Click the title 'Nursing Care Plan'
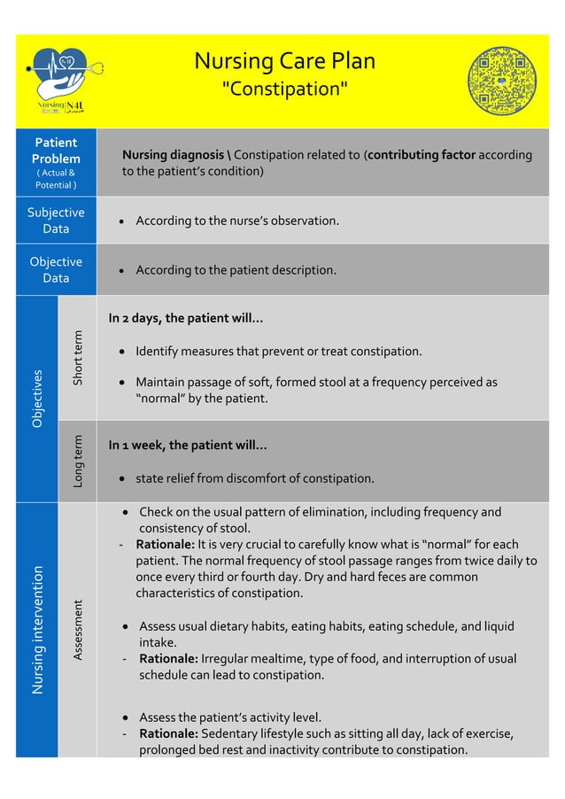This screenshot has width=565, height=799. (284, 61)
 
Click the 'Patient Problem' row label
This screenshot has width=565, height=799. (56, 150)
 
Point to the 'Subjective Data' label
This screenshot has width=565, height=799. (56, 220)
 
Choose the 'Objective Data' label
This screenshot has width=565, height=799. (56, 269)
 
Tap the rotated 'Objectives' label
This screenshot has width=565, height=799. (37, 399)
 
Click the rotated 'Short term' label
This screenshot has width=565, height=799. (78, 358)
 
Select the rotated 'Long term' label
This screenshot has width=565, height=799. (78, 461)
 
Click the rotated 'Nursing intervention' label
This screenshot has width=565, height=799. (37, 629)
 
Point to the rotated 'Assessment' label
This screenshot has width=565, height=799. (78, 630)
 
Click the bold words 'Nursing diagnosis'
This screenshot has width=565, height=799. (173, 155)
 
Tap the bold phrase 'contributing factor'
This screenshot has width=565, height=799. (422, 155)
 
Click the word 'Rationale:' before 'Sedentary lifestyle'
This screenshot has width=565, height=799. (168, 733)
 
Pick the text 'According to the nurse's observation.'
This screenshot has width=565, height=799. (237, 220)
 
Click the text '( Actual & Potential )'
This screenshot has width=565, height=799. (56, 179)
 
